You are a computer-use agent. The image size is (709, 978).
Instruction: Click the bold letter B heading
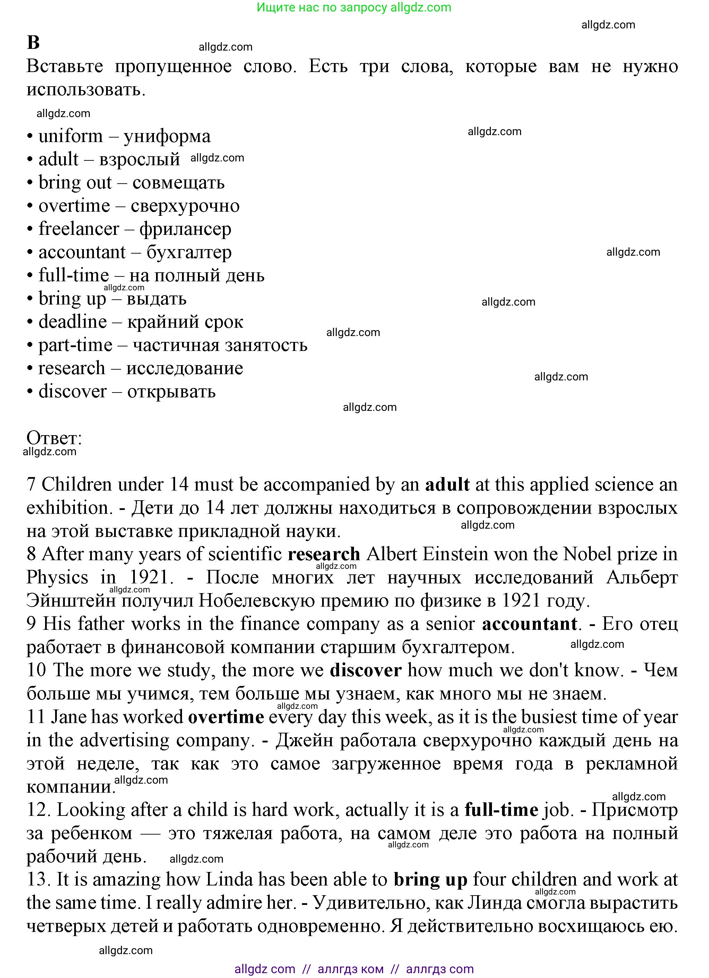(x=33, y=43)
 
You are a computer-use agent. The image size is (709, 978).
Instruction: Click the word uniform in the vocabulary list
(x=71, y=136)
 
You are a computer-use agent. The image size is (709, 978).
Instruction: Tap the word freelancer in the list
(x=79, y=229)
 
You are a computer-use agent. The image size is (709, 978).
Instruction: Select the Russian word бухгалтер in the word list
(x=189, y=252)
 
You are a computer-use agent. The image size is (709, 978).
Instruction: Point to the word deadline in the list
(x=72, y=322)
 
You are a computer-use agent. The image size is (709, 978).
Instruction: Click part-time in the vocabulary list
(x=76, y=345)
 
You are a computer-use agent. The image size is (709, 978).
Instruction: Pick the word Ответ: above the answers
(x=54, y=438)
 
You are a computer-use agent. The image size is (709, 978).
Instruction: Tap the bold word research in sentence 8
(x=324, y=554)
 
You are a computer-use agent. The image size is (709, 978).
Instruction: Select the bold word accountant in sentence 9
(x=529, y=624)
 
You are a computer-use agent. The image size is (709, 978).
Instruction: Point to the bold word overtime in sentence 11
(x=226, y=717)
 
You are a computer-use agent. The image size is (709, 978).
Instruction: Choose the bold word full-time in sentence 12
(x=501, y=810)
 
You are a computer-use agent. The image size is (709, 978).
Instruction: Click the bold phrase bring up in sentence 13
(x=430, y=880)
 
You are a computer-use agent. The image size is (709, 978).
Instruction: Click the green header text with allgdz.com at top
(x=354, y=7)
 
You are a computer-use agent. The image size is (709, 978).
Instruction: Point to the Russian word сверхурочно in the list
(x=185, y=206)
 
